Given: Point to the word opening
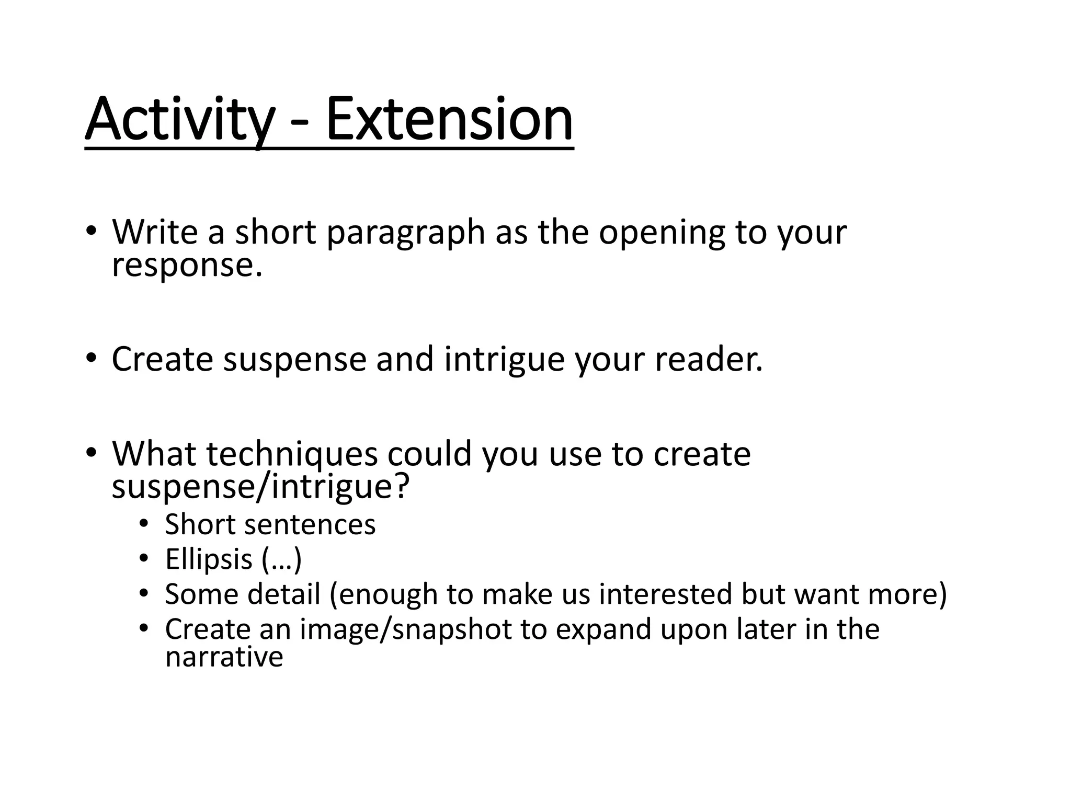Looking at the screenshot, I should (662, 233).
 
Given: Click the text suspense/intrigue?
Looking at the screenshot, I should (260, 487).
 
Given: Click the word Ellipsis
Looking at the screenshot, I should (209, 559).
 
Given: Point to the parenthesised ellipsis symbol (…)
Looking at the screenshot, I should (281, 559).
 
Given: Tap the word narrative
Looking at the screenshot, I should (224, 657).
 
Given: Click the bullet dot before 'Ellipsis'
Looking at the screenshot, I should (144, 559).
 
